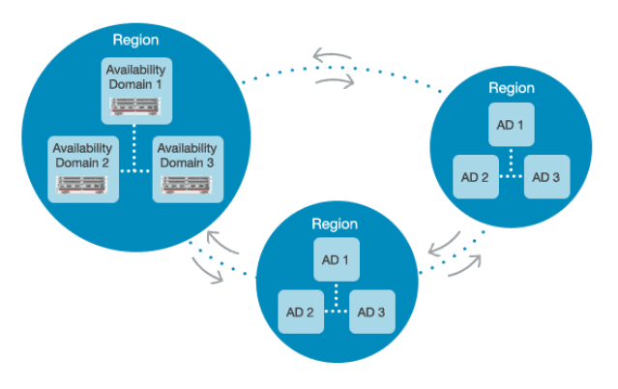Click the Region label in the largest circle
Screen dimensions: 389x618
point(136,40)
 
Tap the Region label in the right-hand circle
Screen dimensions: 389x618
point(512,88)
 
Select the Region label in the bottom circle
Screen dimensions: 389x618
point(335,224)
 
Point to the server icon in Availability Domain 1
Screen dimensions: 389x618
point(136,105)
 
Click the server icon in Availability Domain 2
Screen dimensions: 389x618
point(82,185)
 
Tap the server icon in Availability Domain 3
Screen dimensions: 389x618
point(188,185)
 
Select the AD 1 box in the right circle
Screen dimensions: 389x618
point(512,127)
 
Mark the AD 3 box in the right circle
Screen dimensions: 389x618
point(546,177)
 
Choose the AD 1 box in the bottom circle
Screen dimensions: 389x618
point(335,261)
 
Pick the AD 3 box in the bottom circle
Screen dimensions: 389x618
point(371,312)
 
